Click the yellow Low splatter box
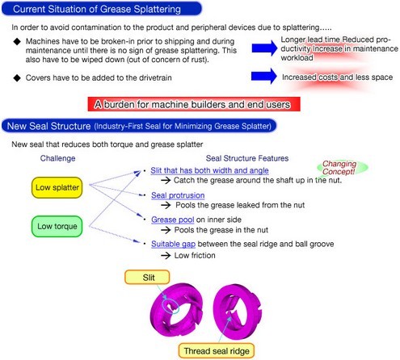57,187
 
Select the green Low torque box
57,226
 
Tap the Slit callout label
147,277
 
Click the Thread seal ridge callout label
217,351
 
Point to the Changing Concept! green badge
342,167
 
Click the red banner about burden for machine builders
194,104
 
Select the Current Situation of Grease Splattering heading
102,9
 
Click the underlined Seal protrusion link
178,195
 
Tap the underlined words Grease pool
172,220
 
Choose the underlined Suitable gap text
173,244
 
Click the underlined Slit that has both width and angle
209,170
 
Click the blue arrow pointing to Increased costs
263,76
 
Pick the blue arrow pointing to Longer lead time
264,48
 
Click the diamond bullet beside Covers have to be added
17,78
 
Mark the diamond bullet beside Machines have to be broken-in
17,41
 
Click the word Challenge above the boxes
57,158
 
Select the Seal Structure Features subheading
247,158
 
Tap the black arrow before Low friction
166,255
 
